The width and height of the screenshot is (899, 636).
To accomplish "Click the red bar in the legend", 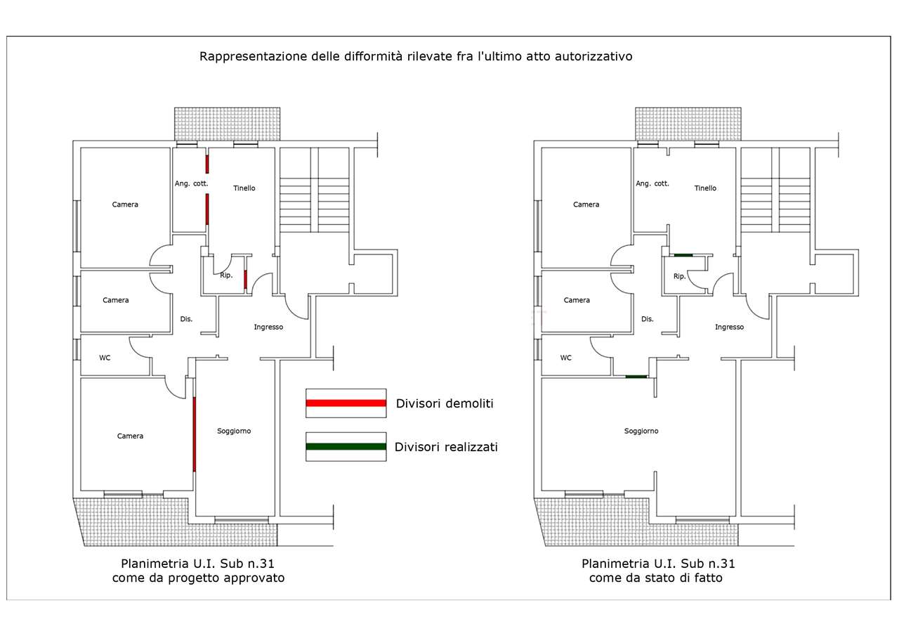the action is click(x=346, y=403).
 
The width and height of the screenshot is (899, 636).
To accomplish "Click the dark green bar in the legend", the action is click(x=346, y=446).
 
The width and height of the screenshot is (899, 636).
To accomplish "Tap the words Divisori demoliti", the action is click(x=445, y=403).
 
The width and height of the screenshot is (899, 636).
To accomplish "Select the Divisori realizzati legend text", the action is click(x=446, y=447).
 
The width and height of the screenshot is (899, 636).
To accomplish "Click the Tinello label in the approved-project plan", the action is click(x=244, y=188).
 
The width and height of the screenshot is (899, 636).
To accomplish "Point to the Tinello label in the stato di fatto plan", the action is click(x=705, y=188).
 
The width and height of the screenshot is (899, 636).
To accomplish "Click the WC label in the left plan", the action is click(x=105, y=358).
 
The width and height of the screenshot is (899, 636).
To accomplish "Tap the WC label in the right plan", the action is click(x=566, y=358).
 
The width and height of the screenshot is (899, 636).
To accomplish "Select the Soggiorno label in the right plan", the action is click(x=641, y=431).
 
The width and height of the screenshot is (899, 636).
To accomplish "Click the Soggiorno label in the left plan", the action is click(x=234, y=431).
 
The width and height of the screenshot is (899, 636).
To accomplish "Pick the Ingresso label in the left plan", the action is click(x=268, y=327).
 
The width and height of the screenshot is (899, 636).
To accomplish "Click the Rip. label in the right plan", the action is click(x=679, y=276).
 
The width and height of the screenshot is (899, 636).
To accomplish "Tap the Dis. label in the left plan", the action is click(x=186, y=319).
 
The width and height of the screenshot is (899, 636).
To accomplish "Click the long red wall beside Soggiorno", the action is click(x=195, y=434).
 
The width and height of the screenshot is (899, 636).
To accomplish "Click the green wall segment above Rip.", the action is click(x=683, y=255).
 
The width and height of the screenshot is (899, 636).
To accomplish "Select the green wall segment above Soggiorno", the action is click(x=636, y=377).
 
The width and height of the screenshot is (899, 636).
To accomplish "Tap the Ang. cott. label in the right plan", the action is click(x=652, y=183).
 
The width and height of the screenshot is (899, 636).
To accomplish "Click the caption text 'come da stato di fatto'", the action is click(x=656, y=578).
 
